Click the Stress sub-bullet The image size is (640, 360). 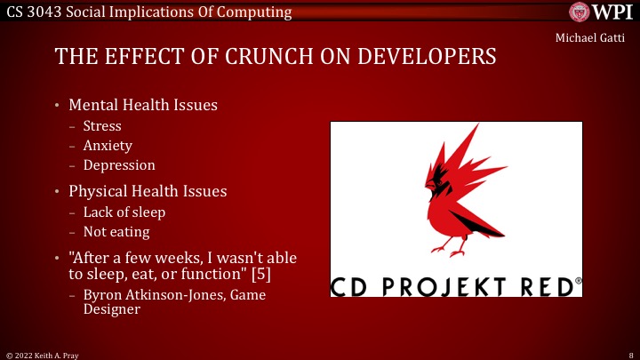pos(102,126)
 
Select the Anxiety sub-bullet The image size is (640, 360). pos(108,146)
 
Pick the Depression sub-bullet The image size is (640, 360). pos(119,165)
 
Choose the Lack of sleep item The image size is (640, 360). pos(124,212)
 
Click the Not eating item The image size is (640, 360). pos(117,232)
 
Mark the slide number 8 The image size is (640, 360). pos(629,354)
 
